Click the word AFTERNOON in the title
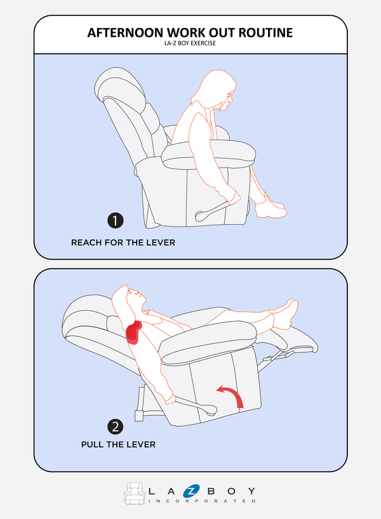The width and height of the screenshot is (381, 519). (x=126, y=33)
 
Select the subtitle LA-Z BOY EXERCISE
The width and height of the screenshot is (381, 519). (x=190, y=43)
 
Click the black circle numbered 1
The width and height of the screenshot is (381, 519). (x=116, y=220)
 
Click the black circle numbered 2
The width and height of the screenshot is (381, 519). (x=116, y=426)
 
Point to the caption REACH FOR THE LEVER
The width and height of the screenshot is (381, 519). (x=123, y=242)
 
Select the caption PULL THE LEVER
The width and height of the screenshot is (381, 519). (x=118, y=445)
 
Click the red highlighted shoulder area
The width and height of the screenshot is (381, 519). (x=133, y=332)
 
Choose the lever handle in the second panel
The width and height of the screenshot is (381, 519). (x=196, y=406)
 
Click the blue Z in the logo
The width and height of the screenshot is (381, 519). (x=191, y=491)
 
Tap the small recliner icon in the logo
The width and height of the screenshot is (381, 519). (x=135, y=493)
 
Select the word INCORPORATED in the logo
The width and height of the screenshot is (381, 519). (x=202, y=501)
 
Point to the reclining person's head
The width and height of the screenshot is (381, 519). (x=129, y=299)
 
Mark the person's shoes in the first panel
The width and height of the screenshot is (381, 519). (x=271, y=207)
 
